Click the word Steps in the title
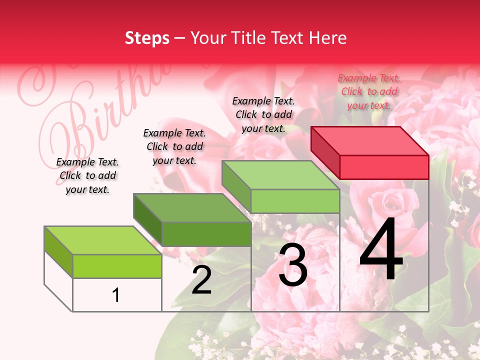147,38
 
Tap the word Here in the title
327,38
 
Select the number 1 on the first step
116,295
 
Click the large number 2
201,280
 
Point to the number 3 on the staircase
292,265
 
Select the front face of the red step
384,167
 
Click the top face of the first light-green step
103,240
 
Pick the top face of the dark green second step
192,207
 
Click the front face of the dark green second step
206,234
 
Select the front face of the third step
295,201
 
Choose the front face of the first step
117,266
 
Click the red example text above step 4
369,91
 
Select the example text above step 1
87,175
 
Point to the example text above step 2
174,146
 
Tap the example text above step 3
263,114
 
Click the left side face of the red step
325,152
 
